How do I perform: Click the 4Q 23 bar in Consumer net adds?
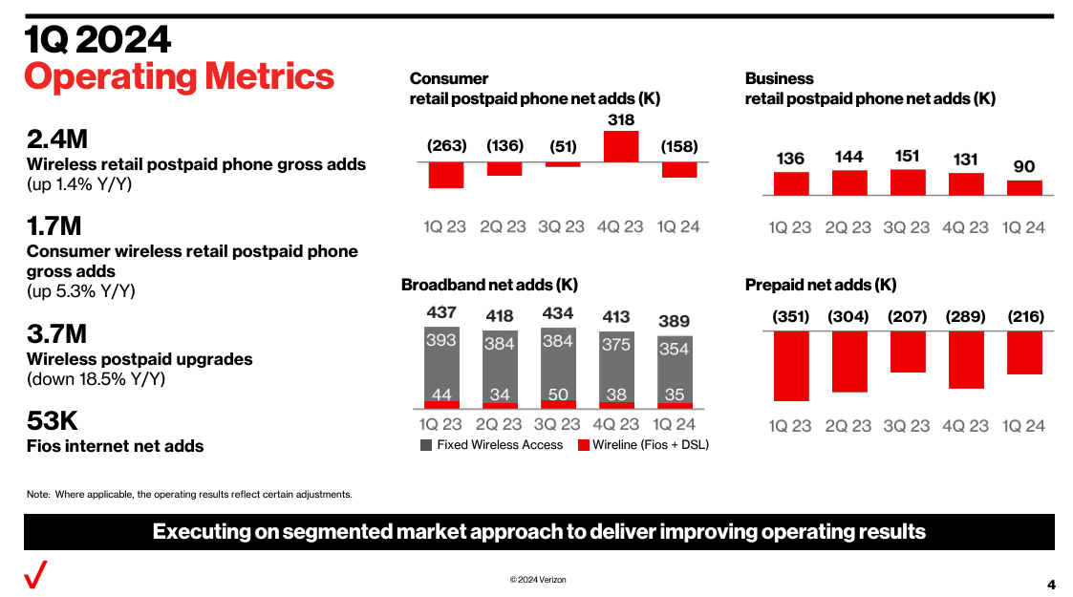[x=621, y=146]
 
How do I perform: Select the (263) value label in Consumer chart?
[x=446, y=146]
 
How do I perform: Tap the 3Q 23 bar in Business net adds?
[x=907, y=182]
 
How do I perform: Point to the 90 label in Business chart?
[x=1023, y=166]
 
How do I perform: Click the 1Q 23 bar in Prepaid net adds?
[x=791, y=366]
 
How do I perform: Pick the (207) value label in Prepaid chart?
[x=907, y=316]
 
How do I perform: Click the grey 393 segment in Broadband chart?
[x=441, y=365]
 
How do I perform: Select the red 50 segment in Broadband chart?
[x=558, y=404]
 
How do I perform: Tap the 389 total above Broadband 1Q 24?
[x=674, y=321]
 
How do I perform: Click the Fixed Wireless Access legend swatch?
[x=426, y=445]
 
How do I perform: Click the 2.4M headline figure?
[x=57, y=139]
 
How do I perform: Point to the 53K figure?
[x=53, y=421]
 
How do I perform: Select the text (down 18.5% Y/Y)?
[x=95, y=379]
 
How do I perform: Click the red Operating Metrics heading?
[x=180, y=76]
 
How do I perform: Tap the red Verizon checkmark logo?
[x=36, y=576]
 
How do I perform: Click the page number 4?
[x=1051, y=585]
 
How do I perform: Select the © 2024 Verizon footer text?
[x=538, y=580]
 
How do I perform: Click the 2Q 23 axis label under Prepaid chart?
[x=848, y=426]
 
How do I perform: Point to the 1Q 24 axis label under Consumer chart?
[x=678, y=227]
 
